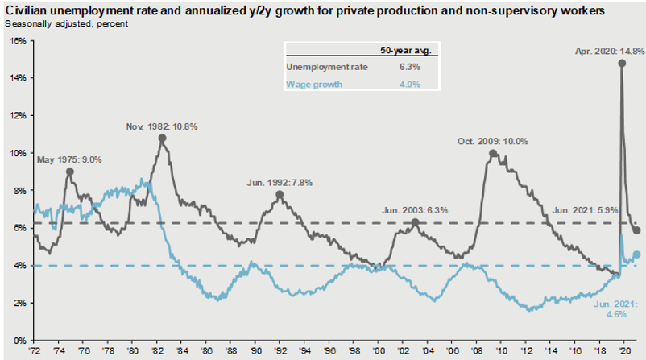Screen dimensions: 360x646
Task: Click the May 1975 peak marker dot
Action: pos(70,172)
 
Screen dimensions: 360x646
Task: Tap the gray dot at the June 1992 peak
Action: pos(280,195)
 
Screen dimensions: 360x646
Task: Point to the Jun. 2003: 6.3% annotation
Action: pos(413,210)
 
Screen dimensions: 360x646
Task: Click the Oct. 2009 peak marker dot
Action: pos(493,154)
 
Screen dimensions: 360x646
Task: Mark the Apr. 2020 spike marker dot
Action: pos(622,64)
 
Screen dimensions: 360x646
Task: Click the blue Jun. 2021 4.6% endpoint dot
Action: pos(636,254)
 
